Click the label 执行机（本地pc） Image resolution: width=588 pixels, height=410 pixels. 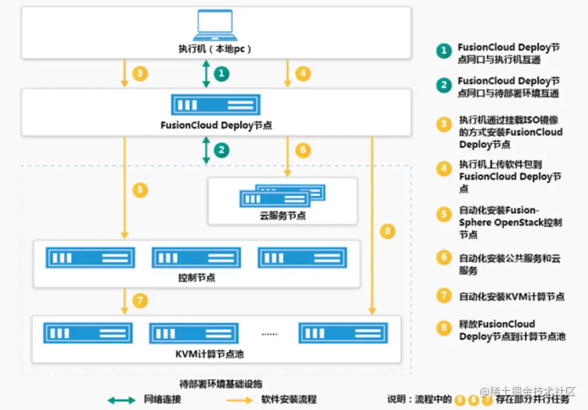click(x=216, y=49)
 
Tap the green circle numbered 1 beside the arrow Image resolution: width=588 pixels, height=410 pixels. click(x=222, y=74)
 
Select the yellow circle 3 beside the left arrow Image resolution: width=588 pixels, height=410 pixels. click(x=140, y=74)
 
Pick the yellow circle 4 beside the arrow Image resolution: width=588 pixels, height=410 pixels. click(x=303, y=74)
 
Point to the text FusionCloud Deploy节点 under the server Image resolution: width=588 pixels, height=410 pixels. click(x=216, y=126)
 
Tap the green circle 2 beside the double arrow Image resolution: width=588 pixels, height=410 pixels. click(x=222, y=150)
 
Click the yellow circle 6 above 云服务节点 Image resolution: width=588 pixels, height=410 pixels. click(x=303, y=150)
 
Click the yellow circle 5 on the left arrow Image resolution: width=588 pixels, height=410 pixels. click(x=140, y=191)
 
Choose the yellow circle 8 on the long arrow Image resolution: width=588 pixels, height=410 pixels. click(x=388, y=231)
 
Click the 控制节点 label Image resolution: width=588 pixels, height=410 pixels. click(x=197, y=277)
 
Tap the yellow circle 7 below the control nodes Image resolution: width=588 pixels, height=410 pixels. click(x=140, y=301)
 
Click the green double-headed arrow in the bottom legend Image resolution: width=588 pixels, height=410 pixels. click(x=122, y=399)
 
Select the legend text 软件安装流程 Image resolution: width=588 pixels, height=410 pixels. click(x=289, y=399)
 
